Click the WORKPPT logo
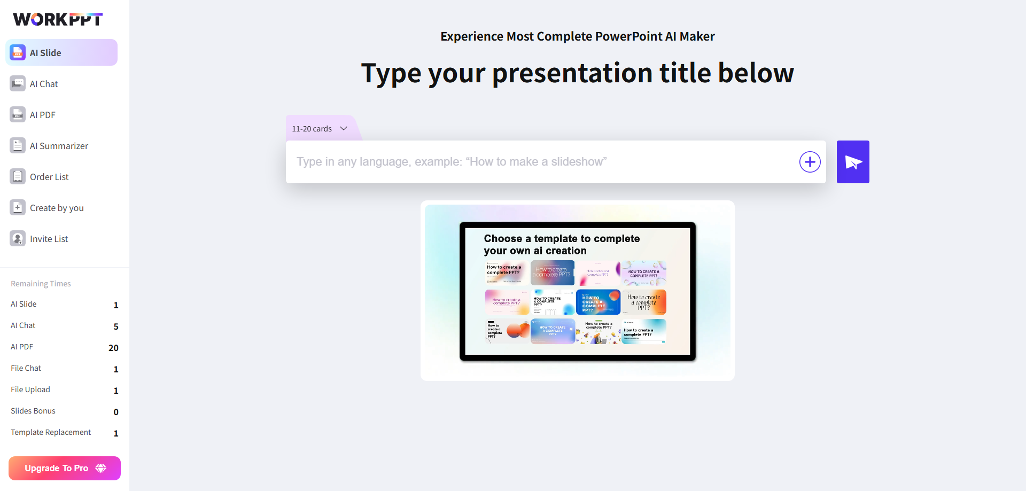(58, 19)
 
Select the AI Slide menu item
(61, 53)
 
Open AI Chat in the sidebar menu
(44, 84)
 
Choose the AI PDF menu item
(43, 115)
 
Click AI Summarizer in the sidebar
(59, 146)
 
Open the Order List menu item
(49, 177)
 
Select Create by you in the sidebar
(57, 208)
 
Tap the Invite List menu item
(49, 239)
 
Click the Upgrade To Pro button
(65, 468)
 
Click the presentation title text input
(540, 162)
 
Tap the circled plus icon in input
(810, 162)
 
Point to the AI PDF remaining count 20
(113, 348)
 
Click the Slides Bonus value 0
(116, 412)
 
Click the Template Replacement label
(51, 432)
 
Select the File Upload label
(30, 389)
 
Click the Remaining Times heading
(41, 284)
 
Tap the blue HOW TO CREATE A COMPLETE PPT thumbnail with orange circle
(598, 302)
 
